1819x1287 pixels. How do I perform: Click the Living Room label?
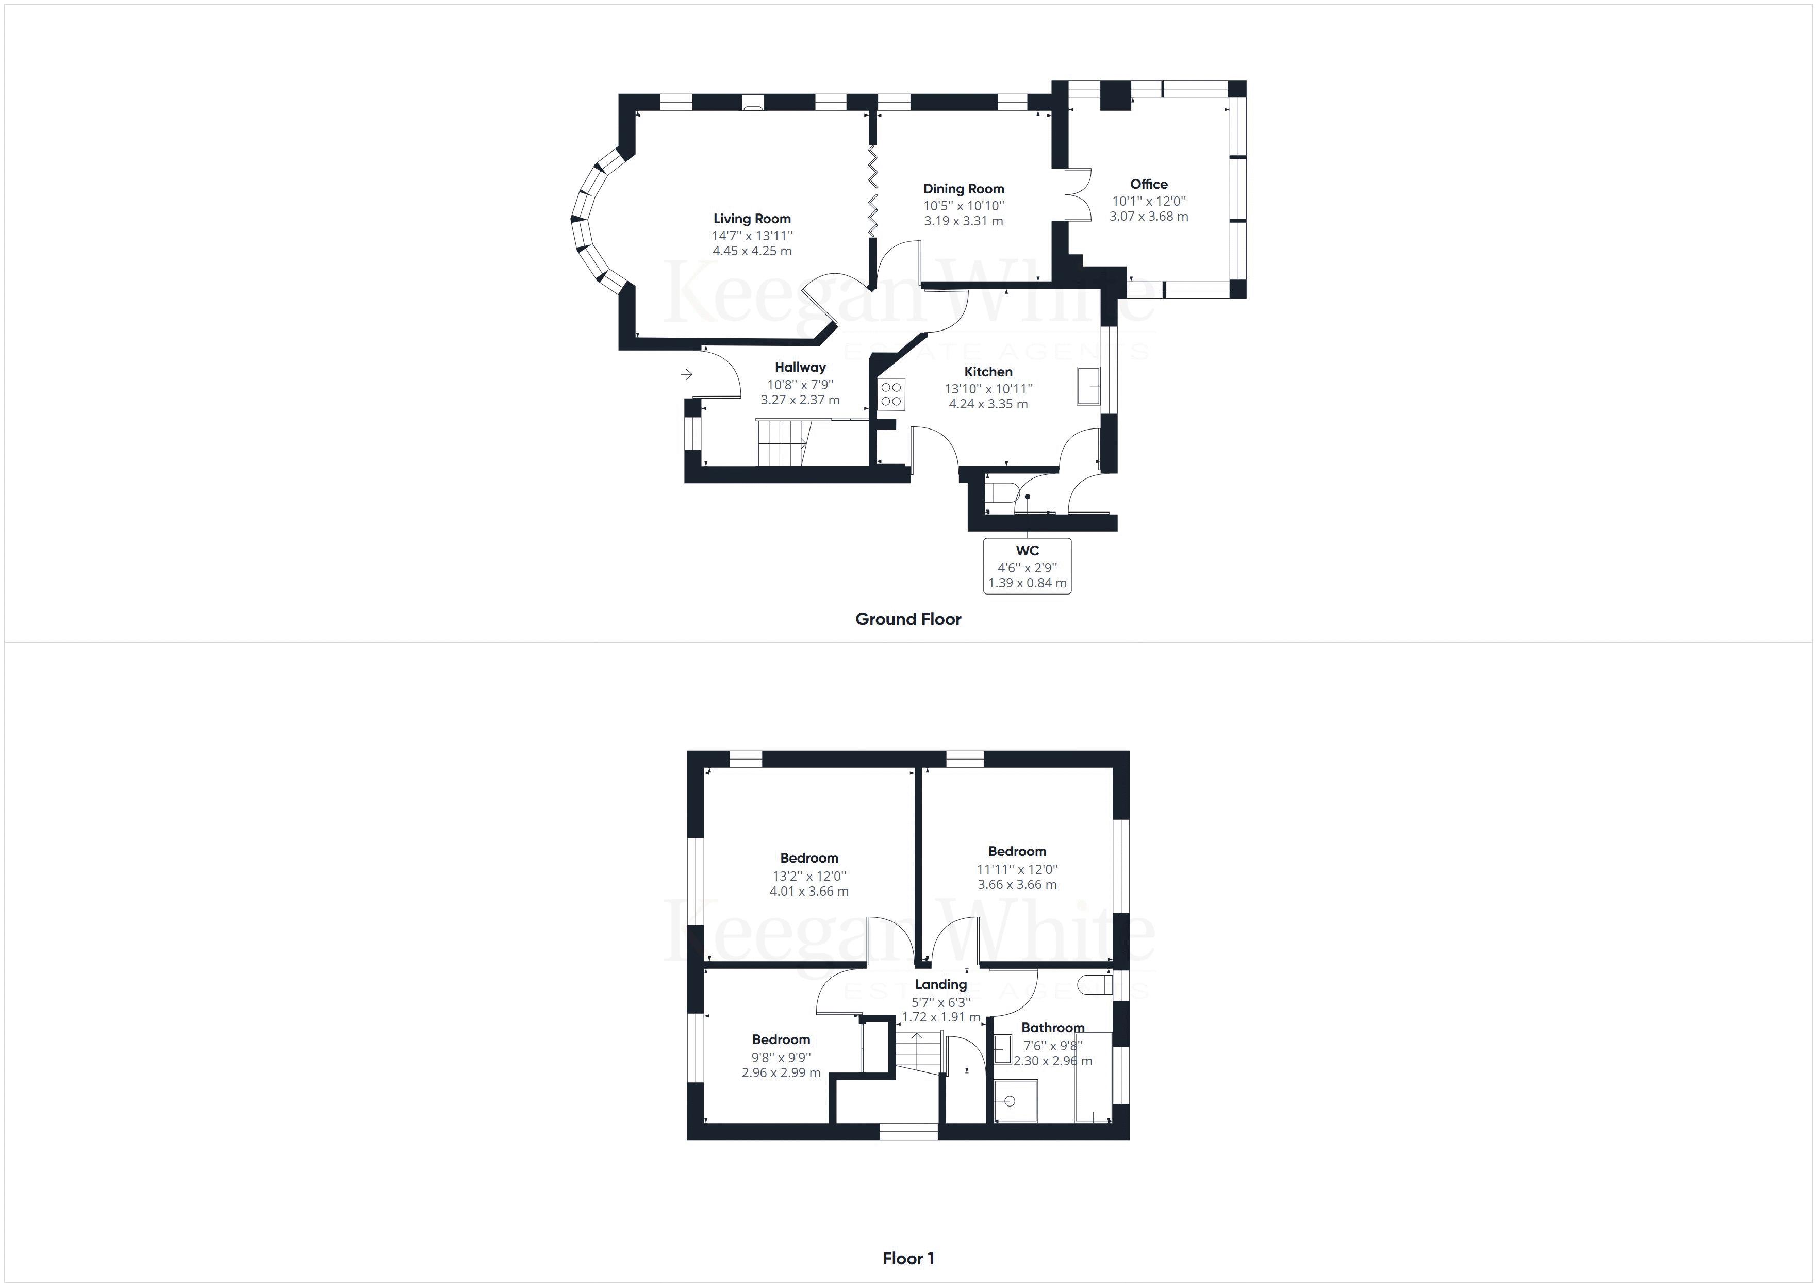(752, 219)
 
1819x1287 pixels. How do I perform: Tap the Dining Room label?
(963, 189)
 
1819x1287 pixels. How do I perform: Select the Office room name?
(1148, 184)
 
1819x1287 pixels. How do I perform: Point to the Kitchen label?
(988, 372)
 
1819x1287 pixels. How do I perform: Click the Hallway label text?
(800, 367)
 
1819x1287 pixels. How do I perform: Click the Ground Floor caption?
(908, 619)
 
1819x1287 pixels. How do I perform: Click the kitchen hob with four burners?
(891, 394)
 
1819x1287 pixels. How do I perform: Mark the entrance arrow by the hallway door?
(686, 374)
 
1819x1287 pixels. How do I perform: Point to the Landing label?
(940, 984)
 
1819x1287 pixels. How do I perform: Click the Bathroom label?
(1052, 1027)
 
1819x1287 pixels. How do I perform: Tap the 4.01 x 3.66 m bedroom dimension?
(809, 891)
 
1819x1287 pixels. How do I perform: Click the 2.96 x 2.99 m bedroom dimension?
(781, 1073)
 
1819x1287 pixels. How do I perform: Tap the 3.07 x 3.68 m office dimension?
(1148, 217)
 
